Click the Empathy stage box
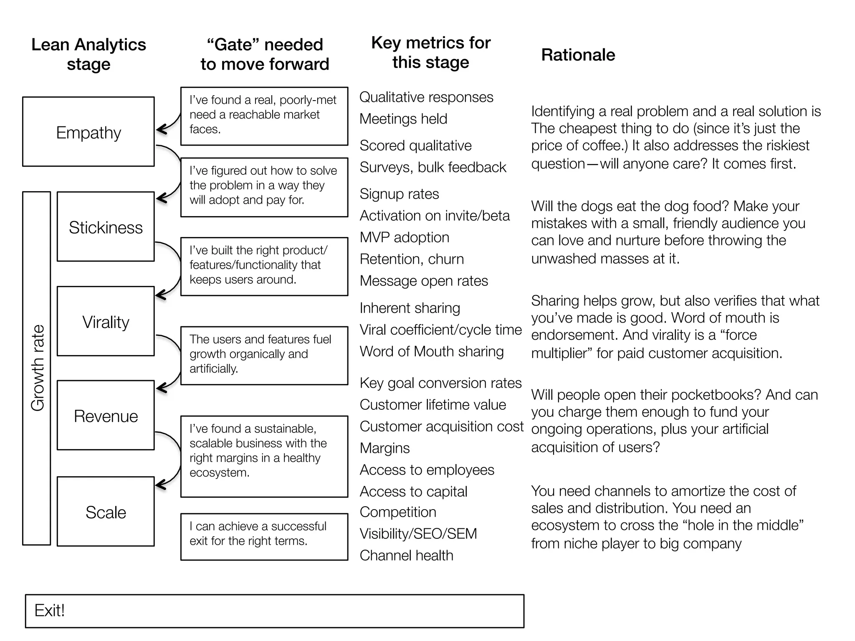[x=88, y=132]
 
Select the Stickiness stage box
[x=106, y=227]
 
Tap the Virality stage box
[x=106, y=321]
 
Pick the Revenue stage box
[x=106, y=416]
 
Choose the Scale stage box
[x=106, y=512]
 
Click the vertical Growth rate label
[x=37, y=368]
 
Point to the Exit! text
[x=49, y=610]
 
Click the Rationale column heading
[x=578, y=55]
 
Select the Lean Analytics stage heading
[x=89, y=54]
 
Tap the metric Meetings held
[x=403, y=119]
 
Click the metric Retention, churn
[x=411, y=259]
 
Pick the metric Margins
[x=384, y=448]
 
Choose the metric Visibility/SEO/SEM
[x=418, y=533]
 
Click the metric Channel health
[x=406, y=555]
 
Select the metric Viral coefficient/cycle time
[x=440, y=330]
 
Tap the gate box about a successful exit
[x=264, y=536]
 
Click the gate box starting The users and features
[x=264, y=355]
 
